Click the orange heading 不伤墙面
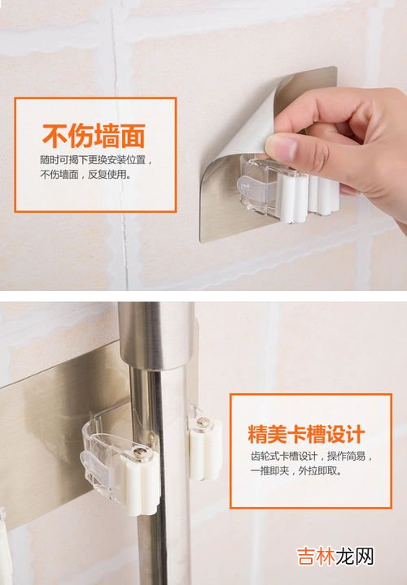click(x=94, y=136)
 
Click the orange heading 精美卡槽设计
click(x=306, y=434)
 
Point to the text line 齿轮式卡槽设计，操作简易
click(x=311, y=456)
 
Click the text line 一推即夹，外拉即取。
click(x=296, y=470)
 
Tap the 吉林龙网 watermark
click(x=335, y=557)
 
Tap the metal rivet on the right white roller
click(x=202, y=422)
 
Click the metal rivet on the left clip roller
click(x=140, y=453)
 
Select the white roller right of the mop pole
click(x=205, y=448)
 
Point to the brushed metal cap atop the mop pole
click(x=156, y=336)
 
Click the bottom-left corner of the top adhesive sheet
click(x=201, y=241)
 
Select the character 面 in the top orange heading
click(x=133, y=136)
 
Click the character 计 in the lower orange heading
click(x=355, y=434)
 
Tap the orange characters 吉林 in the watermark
click(x=316, y=557)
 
